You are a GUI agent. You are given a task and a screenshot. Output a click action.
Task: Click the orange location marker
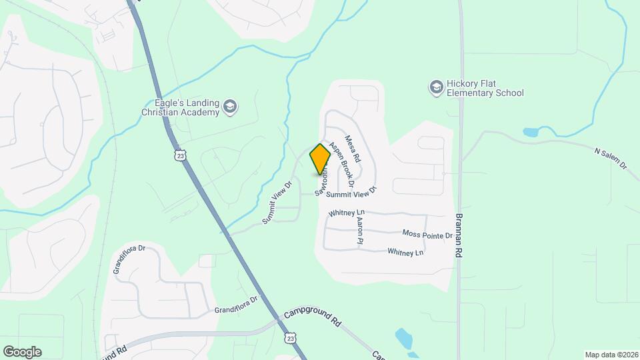320,159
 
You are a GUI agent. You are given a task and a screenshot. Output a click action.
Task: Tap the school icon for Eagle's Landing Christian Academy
230,107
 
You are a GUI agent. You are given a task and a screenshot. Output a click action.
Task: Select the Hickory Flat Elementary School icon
436,88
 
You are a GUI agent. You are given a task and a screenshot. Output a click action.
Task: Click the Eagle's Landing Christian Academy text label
180,107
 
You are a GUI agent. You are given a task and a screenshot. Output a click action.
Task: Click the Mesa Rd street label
353,149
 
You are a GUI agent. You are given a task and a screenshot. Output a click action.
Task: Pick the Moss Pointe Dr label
427,234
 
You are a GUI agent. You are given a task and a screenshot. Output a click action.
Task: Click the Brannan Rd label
459,236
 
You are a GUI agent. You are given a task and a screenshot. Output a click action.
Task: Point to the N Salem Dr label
611,157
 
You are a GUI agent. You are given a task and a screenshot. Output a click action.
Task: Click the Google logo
22,351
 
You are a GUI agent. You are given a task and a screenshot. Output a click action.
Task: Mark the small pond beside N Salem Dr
531,132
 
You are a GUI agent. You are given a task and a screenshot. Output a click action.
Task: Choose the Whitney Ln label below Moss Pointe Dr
405,252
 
